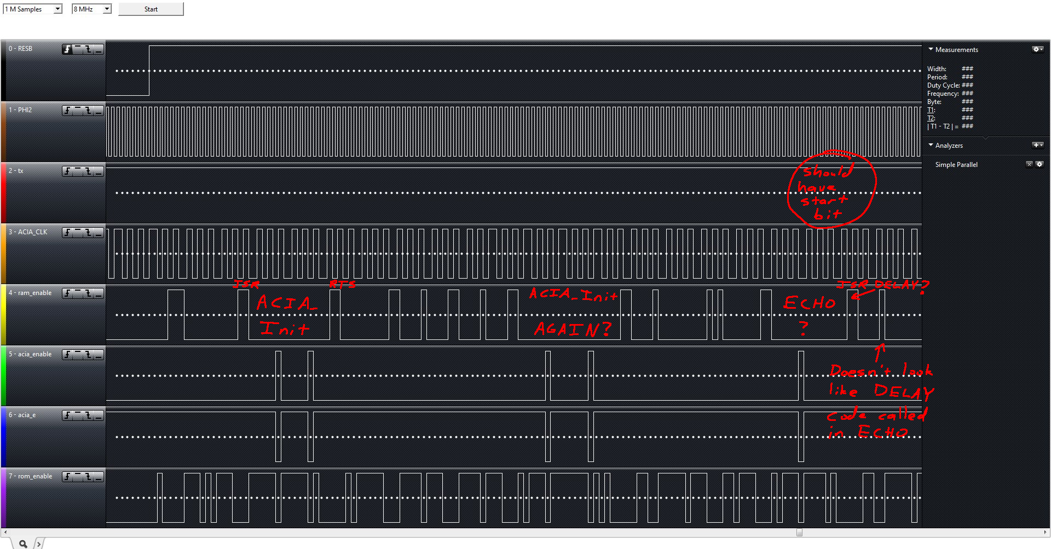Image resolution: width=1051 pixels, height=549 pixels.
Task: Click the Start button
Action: [151, 9]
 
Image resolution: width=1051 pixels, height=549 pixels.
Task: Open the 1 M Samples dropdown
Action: [33, 9]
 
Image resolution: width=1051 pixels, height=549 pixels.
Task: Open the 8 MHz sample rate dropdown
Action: [91, 9]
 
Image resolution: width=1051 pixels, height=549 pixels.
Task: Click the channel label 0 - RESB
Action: [21, 49]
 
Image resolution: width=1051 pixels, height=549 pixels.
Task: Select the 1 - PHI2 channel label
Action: [21, 110]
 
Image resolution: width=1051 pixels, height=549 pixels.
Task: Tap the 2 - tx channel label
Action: [16, 171]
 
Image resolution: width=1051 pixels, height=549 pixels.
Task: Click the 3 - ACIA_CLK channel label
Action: [28, 232]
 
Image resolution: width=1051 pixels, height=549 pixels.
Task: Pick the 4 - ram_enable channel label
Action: [30, 293]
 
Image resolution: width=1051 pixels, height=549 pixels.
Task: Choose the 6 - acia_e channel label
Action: [22, 415]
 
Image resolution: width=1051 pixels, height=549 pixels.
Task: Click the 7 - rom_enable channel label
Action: [31, 476]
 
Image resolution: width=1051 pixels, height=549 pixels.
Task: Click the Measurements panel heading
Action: [956, 50]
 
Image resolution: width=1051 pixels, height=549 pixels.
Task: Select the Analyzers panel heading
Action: [949, 146]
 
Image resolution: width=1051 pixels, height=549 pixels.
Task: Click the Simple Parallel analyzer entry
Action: [956, 165]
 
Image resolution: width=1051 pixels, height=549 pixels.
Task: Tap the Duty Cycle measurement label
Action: [943, 85]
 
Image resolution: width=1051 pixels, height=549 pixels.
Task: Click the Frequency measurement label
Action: [943, 94]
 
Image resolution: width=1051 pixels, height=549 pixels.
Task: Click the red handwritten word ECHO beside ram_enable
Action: [810, 303]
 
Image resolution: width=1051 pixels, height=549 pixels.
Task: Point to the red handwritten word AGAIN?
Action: [572, 329]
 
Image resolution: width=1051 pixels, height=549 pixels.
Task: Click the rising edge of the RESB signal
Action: [149, 71]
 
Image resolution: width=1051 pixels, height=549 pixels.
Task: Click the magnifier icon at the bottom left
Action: [23, 544]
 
